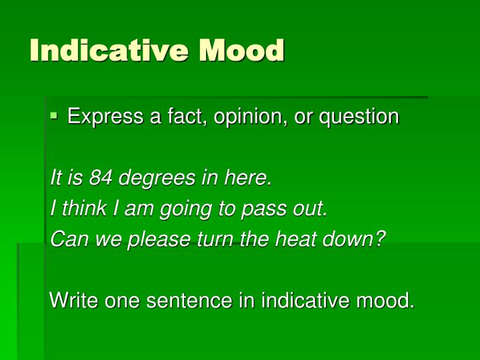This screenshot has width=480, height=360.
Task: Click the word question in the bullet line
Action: point(359,117)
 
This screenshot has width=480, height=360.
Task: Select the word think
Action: point(77,209)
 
